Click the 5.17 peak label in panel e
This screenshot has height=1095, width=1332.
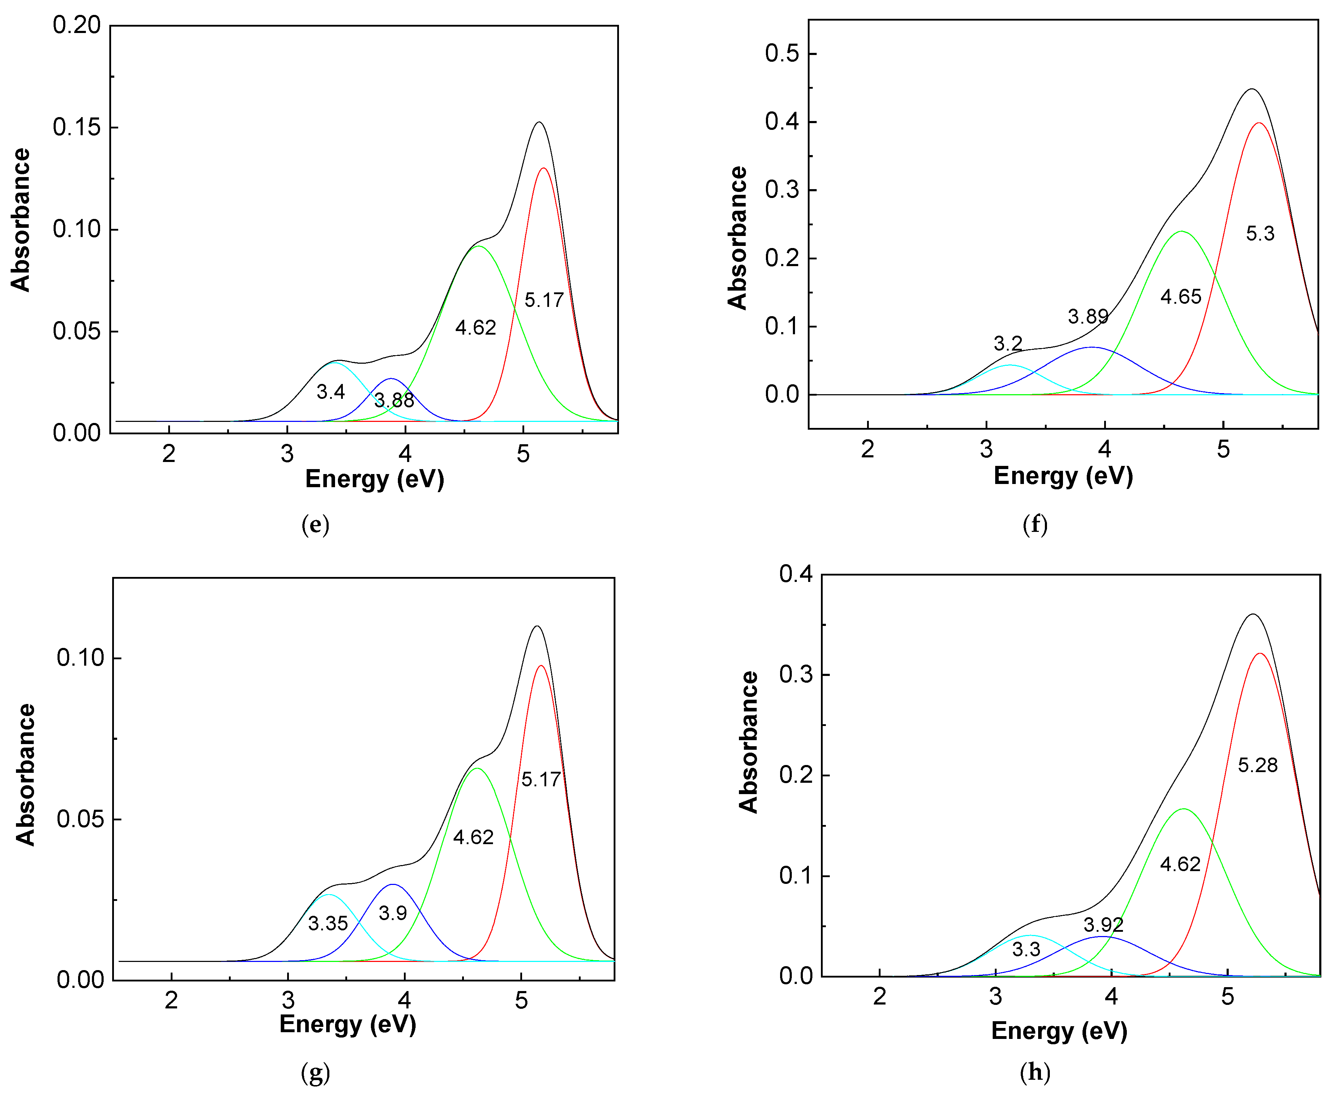[543, 300]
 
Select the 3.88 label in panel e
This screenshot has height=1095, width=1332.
[394, 400]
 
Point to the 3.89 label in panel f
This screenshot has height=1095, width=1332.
[1088, 317]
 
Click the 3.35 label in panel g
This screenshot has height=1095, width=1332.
[328, 923]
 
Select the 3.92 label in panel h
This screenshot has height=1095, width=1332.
[1103, 925]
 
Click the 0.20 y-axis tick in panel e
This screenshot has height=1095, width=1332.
[76, 25]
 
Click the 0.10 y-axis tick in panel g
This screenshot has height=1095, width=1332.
[80, 658]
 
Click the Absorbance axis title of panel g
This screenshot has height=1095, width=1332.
[25, 775]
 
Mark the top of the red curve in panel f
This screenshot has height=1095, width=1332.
[1258, 123]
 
